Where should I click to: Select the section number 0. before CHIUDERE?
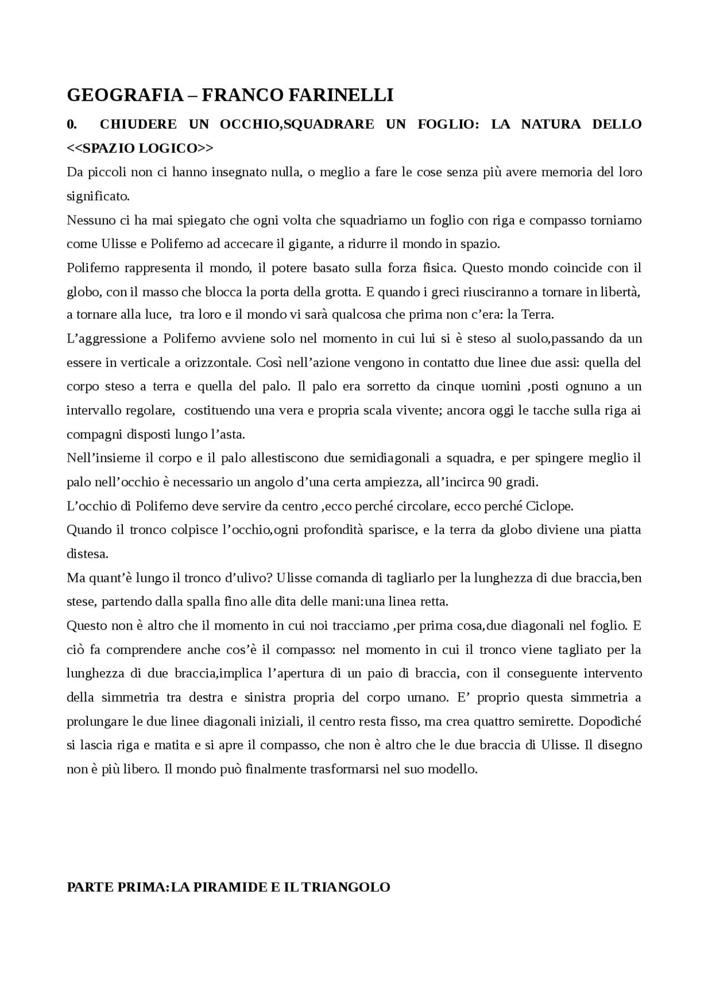tap(71, 124)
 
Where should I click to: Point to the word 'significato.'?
tap(98, 196)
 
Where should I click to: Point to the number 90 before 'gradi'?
tap(496, 482)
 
